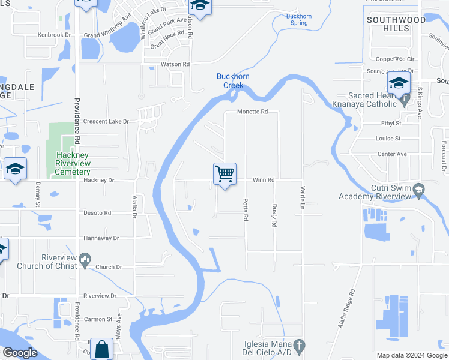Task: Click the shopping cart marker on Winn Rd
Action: click(224, 175)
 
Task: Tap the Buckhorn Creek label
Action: click(233, 80)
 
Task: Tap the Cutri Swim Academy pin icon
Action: click(418, 190)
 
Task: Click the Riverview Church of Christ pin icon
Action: click(85, 259)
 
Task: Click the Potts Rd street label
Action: click(246, 209)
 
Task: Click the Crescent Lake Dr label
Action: click(106, 121)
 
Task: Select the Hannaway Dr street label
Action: click(101, 238)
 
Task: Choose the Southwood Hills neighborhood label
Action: click(396, 24)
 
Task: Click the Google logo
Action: click(20, 353)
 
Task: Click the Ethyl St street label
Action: click(390, 123)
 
